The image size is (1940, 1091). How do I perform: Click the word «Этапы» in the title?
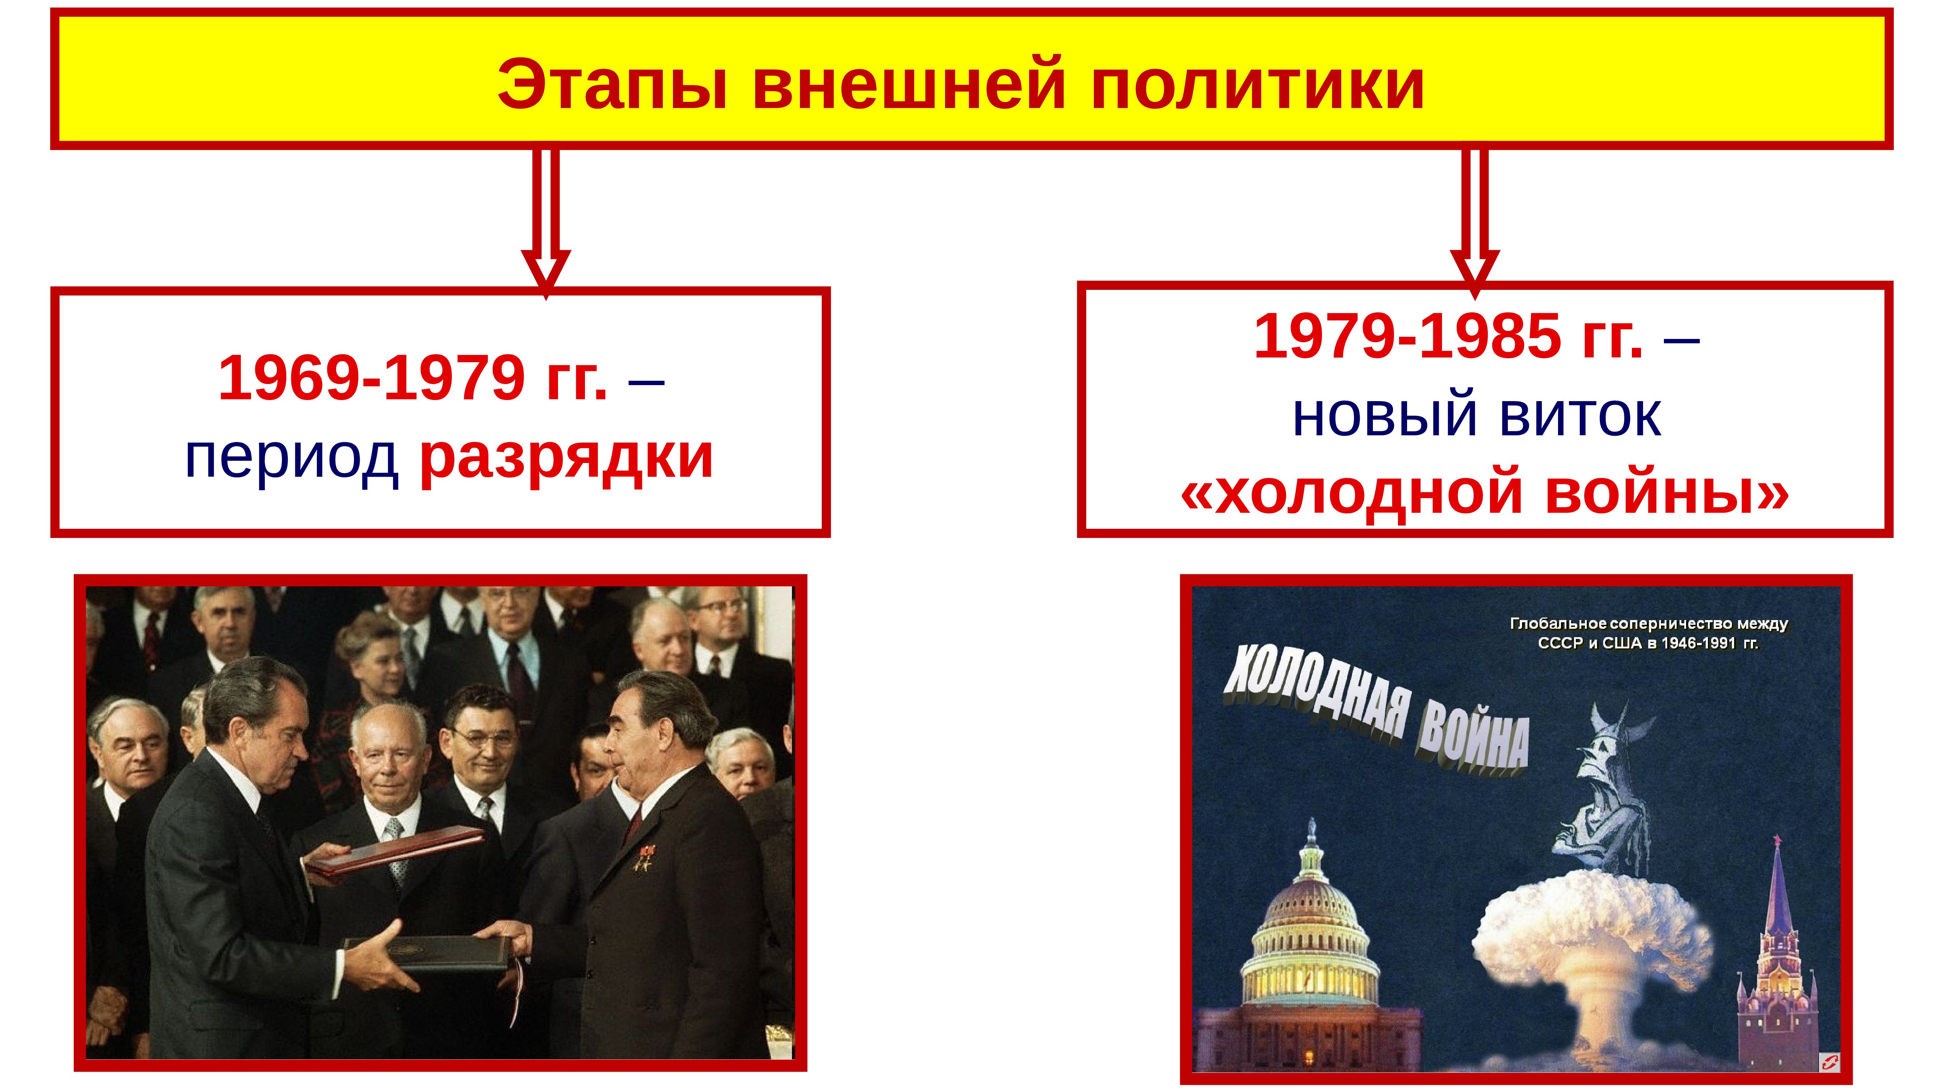(x=612, y=84)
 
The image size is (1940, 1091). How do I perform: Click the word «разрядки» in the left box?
(x=566, y=459)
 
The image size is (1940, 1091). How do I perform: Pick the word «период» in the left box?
(x=291, y=459)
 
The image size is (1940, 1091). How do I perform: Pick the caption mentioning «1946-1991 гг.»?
(x=1649, y=633)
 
